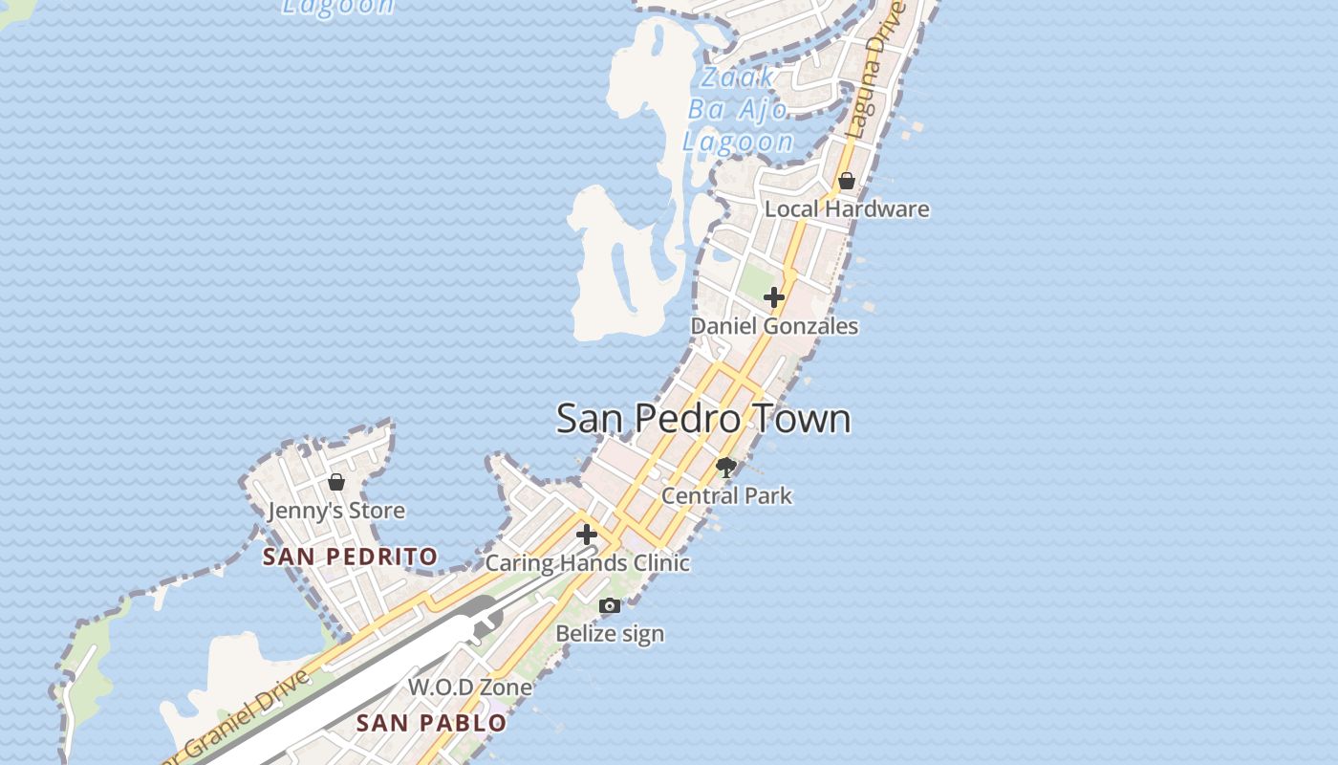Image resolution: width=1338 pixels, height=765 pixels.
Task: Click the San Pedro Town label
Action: [703, 419]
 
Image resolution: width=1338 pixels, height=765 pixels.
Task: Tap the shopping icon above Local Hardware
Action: [847, 180]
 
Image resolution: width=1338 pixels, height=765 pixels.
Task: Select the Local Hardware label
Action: [847, 208]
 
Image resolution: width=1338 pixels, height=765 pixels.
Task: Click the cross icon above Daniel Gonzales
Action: [774, 297]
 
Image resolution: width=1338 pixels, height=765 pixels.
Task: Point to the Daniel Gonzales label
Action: [774, 326]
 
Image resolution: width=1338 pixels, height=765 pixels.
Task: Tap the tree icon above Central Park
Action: [726, 467]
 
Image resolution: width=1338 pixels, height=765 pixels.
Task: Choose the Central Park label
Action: [726, 495]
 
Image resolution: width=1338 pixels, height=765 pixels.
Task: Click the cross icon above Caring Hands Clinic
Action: [587, 534]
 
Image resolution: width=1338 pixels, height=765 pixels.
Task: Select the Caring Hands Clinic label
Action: [587, 562]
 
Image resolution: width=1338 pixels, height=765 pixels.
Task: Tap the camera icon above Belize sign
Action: [610, 605]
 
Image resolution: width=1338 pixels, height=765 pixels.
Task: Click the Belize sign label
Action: [610, 633]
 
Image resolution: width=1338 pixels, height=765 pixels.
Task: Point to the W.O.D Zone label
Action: [470, 687]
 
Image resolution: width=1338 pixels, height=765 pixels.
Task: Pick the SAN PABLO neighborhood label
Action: [431, 723]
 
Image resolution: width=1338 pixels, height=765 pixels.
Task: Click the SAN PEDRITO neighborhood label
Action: [350, 557]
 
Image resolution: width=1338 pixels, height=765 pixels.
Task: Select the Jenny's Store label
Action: [335, 511]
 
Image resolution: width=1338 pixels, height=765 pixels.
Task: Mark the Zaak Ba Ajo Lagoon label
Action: [737, 110]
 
